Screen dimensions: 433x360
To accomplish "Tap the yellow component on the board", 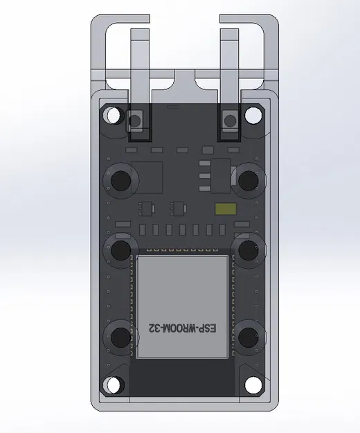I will pyautogui.click(x=225, y=209).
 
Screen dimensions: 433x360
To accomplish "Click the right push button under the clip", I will pyautogui.click(x=231, y=121).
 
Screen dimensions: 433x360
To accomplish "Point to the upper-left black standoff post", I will pyautogui.click(x=120, y=180).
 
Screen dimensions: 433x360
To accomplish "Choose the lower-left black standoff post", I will pyautogui.click(x=120, y=337).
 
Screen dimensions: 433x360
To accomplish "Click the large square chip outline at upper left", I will pyautogui.click(x=146, y=179).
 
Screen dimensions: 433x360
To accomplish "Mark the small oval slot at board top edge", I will pyautogui.click(x=174, y=107).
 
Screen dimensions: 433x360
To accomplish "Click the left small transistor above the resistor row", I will pyautogui.click(x=146, y=207).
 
